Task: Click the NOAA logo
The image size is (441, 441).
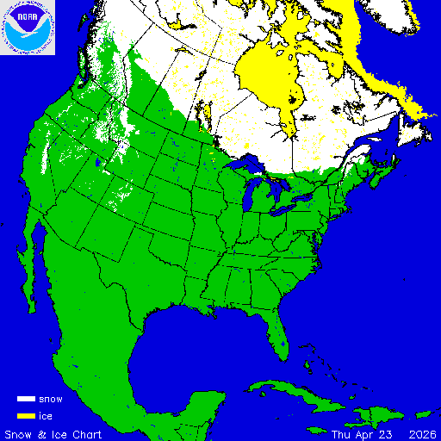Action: (28, 28)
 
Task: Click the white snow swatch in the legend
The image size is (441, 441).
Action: (26, 400)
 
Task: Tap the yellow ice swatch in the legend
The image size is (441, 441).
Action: (26, 416)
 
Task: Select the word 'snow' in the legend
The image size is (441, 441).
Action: (51, 400)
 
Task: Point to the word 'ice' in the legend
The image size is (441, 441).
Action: (46, 416)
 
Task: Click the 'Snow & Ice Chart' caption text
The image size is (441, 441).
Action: (53, 433)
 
